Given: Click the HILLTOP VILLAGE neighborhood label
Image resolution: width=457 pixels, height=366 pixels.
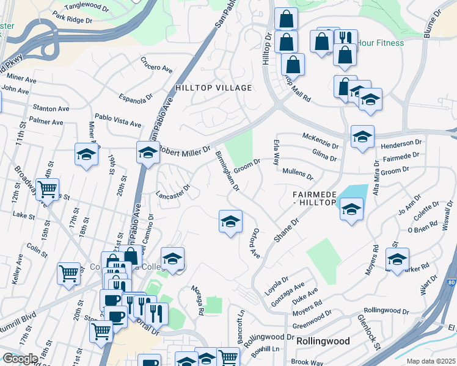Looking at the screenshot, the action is (213, 88).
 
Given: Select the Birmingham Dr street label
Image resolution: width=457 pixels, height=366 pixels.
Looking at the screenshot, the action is (227, 171).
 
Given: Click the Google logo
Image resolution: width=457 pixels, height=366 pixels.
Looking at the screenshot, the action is (20, 359).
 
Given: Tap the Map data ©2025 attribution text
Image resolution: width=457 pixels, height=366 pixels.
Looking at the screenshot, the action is (431, 361).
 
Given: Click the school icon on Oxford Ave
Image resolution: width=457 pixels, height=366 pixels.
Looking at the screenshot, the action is (230, 222).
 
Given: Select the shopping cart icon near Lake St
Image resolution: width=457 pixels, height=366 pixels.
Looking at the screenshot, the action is (48, 190).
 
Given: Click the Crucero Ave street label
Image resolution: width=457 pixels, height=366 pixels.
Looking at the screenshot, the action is (156, 63).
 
